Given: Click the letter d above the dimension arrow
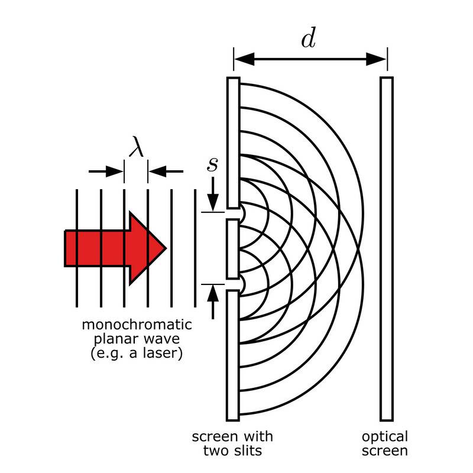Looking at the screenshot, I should click(308, 38).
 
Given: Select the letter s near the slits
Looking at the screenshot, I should click(212, 164).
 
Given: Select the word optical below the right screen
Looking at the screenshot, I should click(385, 437).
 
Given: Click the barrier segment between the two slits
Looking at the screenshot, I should click(232, 248).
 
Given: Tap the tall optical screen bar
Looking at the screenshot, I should click(387, 248).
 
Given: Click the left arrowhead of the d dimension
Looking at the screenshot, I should click(244, 58).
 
